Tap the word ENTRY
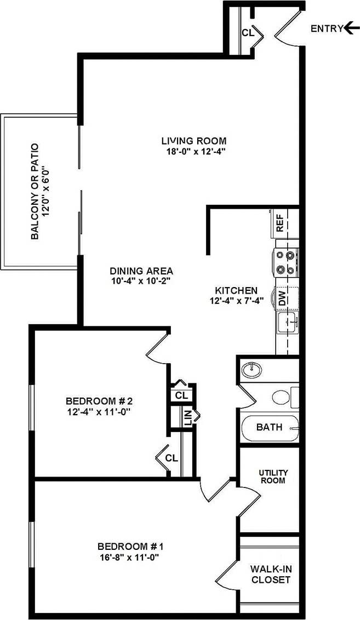click(x=327, y=29)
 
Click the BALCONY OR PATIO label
click(x=35, y=191)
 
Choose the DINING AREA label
click(x=141, y=271)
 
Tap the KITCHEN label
click(x=236, y=290)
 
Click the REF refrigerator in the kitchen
click(x=280, y=224)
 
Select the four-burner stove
click(x=286, y=262)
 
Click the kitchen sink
click(x=287, y=322)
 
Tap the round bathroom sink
click(x=252, y=370)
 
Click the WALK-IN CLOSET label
click(x=271, y=574)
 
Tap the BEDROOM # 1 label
click(x=131, y=546)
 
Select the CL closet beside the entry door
click(x=247, y=32)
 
